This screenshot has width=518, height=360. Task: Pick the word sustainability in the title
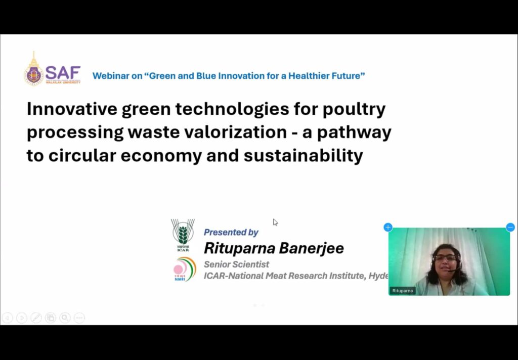click(x=303, y=156)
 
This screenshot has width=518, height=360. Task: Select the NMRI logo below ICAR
click(x=184, y=268)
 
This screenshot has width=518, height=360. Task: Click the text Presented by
click(x=231, y=232)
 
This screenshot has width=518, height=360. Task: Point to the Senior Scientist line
click(x=236, y=264)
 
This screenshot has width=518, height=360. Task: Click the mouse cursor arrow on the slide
click(x=275, y=222)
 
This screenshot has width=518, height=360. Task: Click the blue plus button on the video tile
click(x=388, y=228)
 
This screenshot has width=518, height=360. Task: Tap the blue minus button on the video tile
click(x=510, y=228)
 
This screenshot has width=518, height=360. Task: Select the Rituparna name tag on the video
click(x=402, y=291)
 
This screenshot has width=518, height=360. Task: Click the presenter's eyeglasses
click(x=445, y=258)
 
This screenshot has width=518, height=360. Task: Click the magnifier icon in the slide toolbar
click(x=65, y=318)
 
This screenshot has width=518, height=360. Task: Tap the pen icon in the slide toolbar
click(x=36, y=318)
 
